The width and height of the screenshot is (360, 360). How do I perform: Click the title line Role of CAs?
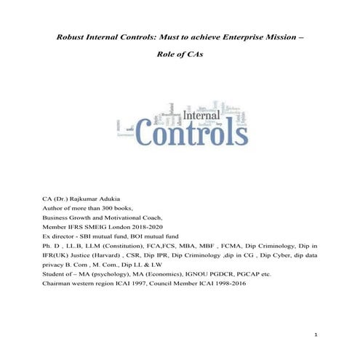click(180, 55)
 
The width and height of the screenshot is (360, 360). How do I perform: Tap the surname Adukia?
click(130, 196)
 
